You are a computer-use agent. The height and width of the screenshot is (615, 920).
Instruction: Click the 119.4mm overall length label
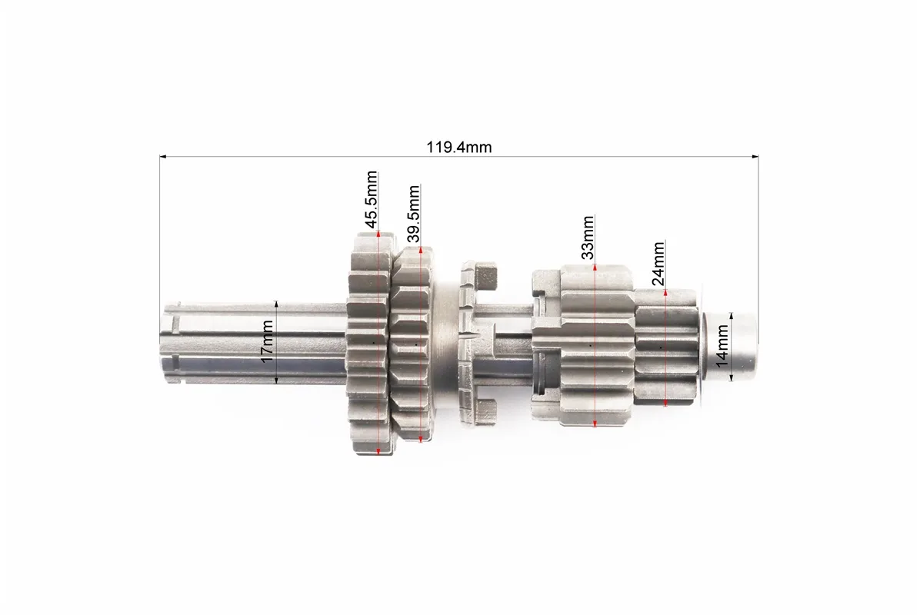[458, 147]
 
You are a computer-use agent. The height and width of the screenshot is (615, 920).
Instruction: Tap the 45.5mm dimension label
[371, 200]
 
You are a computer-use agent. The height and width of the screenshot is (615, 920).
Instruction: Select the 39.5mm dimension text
[414, 214]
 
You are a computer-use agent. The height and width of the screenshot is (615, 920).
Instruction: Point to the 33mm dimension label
[588, 237]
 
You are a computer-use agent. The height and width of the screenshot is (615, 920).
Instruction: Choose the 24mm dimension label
[658, 263]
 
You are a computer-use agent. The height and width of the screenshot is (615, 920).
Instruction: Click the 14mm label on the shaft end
[722, 346]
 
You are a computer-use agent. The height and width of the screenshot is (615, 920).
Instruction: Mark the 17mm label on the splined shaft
[267, 341]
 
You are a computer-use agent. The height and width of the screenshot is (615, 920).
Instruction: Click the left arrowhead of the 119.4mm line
[163, 157]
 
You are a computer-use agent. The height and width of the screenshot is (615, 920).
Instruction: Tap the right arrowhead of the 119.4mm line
[755, 157]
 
